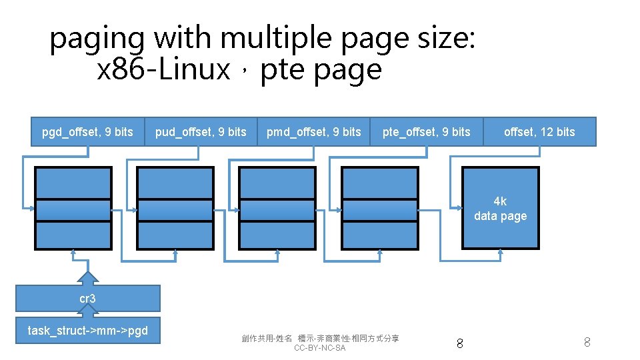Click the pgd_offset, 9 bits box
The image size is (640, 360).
[87, 132]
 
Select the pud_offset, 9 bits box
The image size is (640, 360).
[201, 132]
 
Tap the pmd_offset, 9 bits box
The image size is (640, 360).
[313, 132]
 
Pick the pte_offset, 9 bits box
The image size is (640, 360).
[426, 132]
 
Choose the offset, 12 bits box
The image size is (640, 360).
[539, 132]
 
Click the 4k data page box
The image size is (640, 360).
[500, 209]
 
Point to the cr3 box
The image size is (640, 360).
[87, 299]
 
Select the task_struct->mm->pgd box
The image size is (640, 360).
[87, 331]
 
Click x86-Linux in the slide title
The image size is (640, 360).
[163, 69]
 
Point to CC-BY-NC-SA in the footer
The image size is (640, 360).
[320, 348]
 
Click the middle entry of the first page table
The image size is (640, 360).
[73, 210]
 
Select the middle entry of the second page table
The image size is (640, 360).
[175, 210]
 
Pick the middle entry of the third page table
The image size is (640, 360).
[278, 210]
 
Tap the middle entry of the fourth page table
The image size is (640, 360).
[380, 210]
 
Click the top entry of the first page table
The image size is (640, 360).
[73, 183]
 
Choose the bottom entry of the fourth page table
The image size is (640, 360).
[380, 235]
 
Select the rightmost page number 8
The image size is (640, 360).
[587, 343]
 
